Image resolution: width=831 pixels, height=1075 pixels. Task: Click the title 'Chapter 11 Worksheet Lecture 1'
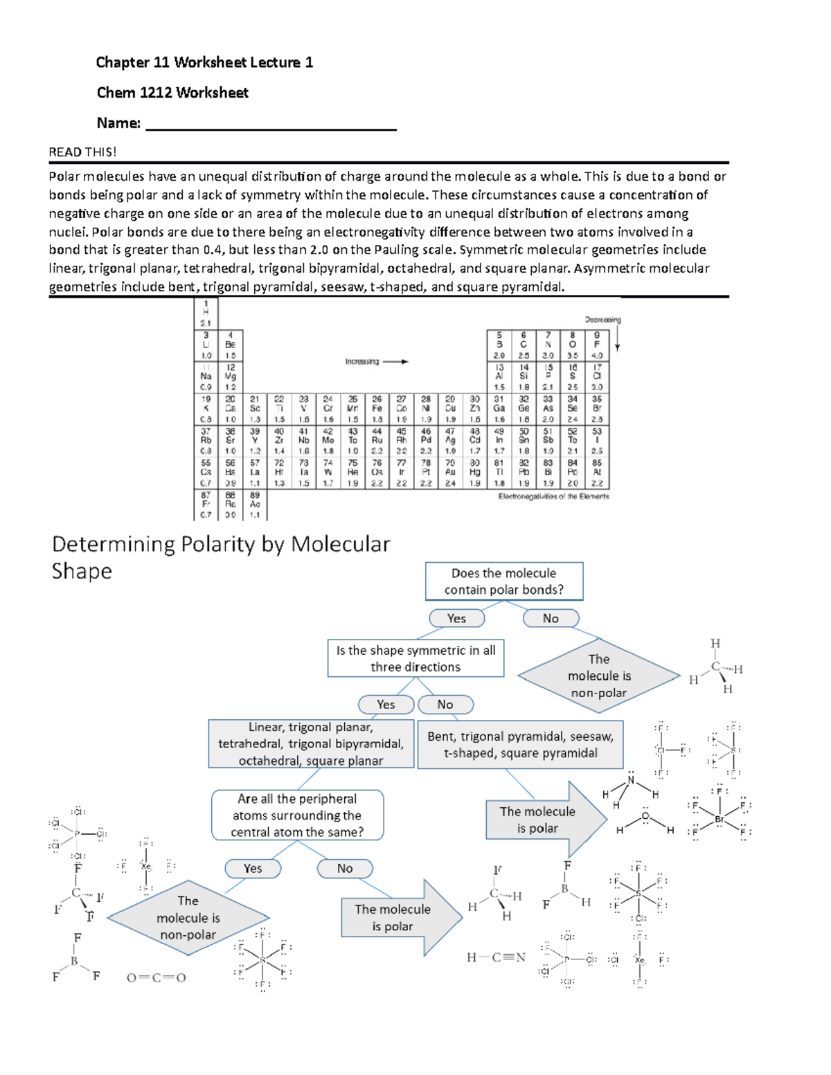click(204, 62)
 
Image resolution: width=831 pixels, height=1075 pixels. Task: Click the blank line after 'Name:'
click(271, 125)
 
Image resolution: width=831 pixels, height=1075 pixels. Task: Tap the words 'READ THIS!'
click(82, 152)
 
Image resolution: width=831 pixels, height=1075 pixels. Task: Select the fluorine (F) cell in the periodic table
click(597, 344)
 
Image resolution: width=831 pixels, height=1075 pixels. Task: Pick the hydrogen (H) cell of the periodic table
click(206, 313)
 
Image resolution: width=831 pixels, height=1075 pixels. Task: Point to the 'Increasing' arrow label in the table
click(362, 361)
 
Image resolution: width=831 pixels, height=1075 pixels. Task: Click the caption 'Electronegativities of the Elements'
click(553, 496)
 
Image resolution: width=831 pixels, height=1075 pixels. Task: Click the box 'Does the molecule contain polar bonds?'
click(503, 581)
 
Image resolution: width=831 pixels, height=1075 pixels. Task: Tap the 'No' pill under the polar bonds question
click(551, 618)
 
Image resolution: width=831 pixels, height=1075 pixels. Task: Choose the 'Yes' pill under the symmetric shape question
click(386, 705)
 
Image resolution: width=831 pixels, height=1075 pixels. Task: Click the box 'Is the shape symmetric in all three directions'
click(415, 658)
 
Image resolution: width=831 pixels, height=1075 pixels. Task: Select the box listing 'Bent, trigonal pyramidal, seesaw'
click(520, 745)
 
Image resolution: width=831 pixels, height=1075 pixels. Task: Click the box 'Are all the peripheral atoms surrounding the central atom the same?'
click(297, 815)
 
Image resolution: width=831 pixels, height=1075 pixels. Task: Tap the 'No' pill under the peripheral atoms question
click(345, 869)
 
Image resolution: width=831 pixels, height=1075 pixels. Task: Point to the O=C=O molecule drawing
click(157, 978)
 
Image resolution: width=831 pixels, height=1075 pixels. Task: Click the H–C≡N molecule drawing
click(496, 958)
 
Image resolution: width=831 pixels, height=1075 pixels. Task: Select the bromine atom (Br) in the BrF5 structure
click(720, 819)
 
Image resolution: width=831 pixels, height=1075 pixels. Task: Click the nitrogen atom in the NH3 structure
click(631, 780)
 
